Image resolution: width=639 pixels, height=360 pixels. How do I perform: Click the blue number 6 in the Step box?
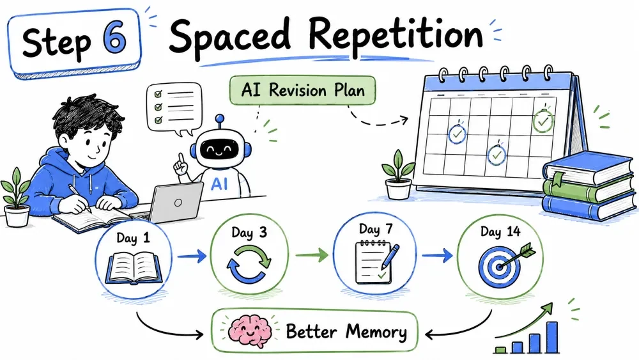pos(115,40)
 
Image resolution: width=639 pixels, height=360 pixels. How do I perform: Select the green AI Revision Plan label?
pos(302,90)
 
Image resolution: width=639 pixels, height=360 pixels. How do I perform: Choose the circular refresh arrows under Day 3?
pos(249,263)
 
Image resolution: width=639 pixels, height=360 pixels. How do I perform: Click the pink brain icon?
pos(249,331)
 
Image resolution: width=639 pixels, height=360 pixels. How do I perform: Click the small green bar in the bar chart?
pos(500,350)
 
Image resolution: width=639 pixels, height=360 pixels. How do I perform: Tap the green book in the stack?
pos(588,188)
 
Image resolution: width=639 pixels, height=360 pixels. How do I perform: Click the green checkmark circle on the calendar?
pos(543,120)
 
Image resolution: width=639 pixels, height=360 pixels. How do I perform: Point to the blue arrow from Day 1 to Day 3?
pos(192,256)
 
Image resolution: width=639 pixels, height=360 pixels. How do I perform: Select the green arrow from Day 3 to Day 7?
pos(312,255)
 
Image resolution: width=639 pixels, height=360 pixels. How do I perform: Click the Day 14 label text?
pos(500,231)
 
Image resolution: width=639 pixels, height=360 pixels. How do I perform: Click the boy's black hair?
pos(88,114)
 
